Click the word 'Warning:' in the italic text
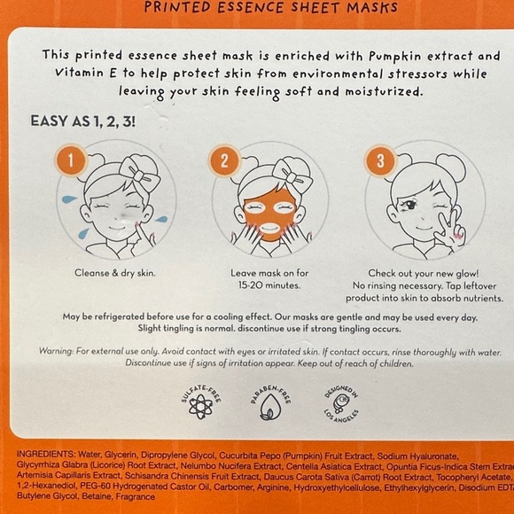click(61, 352)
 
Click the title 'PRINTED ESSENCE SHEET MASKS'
click(258, 10)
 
